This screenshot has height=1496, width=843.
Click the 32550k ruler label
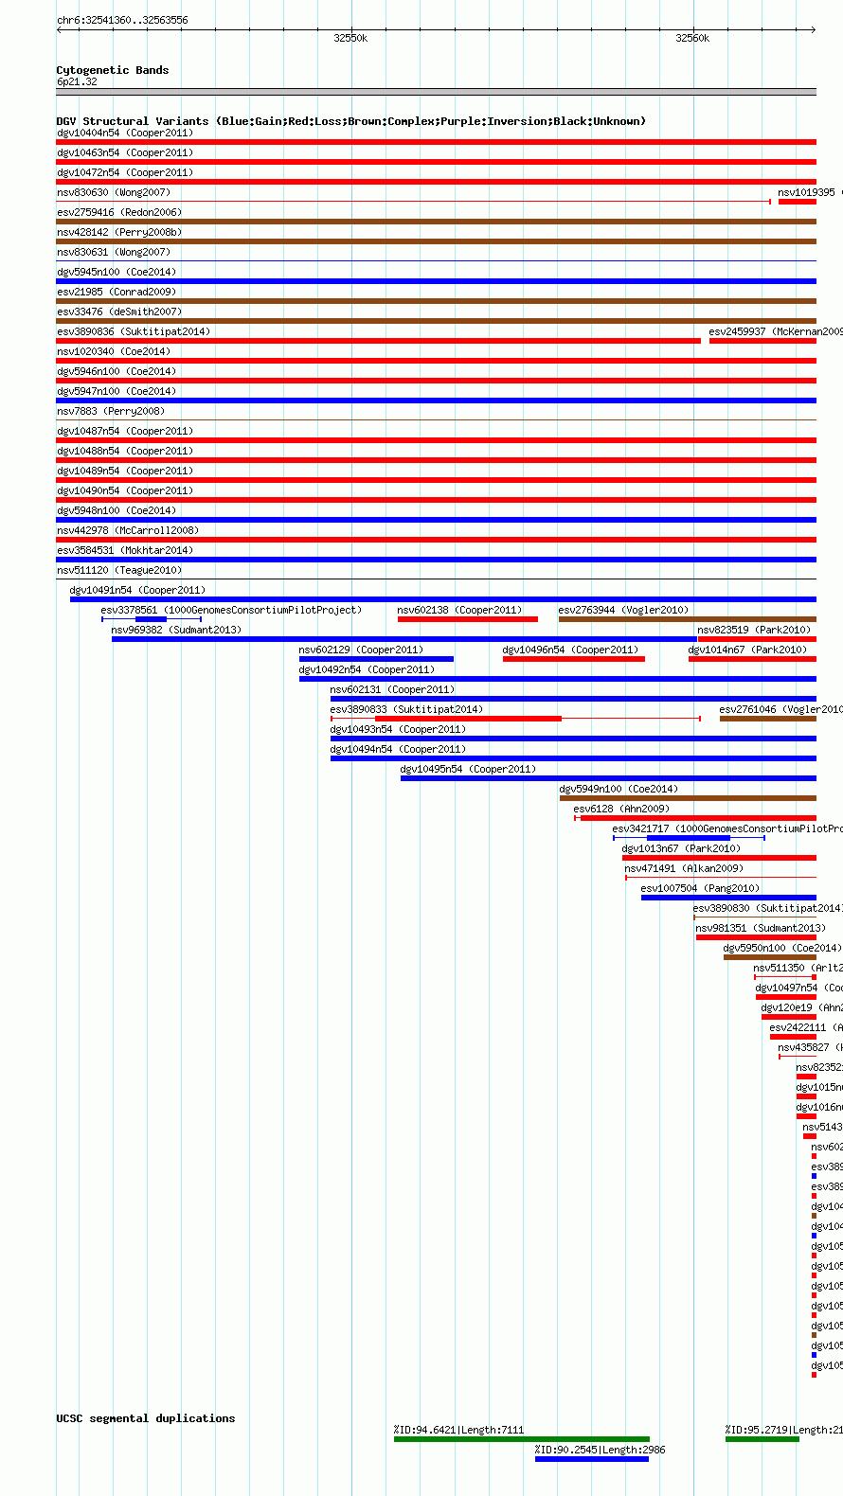[350, 38]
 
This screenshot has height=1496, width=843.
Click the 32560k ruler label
[692, 38]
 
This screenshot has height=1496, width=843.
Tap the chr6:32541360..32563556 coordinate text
[122, 20]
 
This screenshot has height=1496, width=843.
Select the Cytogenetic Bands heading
[112, 70]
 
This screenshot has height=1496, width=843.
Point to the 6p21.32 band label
[77, 81]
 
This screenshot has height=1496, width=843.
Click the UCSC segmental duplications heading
[145, 1417]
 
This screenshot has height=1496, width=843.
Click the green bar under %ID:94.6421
[521, 1439]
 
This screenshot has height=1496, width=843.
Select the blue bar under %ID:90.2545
[591, 1459]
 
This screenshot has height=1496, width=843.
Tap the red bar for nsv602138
[467, 619]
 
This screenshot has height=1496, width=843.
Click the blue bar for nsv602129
[376, 659]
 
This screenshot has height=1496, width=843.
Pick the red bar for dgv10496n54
[573, 659]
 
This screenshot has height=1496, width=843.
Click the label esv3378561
[129, 610]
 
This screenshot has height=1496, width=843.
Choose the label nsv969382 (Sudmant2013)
[176, 630]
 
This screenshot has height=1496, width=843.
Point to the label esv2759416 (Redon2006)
[119, 212]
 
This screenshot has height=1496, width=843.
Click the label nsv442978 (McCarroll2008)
[128, 530]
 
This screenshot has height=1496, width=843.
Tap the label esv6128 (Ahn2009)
[621, 809]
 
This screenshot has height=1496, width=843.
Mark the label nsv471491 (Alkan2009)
[683, 868]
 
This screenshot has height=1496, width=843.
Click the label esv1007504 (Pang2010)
[700, 888]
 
